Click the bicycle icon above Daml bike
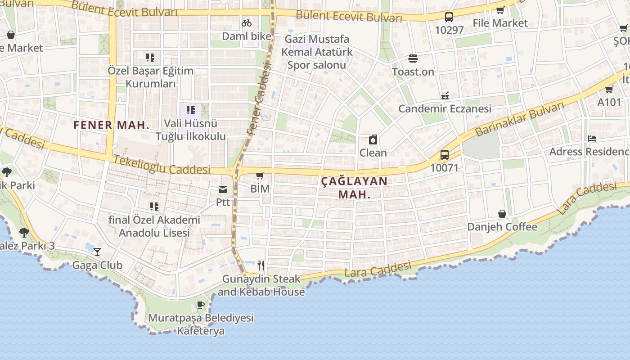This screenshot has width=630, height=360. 247,22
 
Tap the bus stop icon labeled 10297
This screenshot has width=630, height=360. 449,17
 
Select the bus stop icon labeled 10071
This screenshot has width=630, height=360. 445,155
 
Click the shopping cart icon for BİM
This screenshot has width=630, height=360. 260,175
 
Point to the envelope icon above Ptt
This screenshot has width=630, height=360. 223,189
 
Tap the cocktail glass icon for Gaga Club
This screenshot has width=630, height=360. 97,252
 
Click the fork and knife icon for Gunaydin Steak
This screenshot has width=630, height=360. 261,265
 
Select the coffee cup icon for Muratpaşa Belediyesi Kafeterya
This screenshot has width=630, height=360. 201,305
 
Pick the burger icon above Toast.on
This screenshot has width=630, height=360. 413,58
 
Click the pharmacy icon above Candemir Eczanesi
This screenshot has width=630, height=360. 445,95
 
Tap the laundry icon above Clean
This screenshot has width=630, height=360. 373,139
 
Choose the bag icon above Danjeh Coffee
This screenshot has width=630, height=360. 502,214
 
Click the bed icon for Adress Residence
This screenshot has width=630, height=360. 592,139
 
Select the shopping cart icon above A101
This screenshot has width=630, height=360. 609,89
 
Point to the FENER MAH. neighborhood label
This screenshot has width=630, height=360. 111,125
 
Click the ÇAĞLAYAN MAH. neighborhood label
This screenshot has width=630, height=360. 354,188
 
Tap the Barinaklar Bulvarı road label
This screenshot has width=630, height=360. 519,119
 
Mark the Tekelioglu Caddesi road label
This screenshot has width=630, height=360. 162,165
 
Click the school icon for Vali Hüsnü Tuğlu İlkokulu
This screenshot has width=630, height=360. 190,110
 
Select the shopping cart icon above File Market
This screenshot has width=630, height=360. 500,10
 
